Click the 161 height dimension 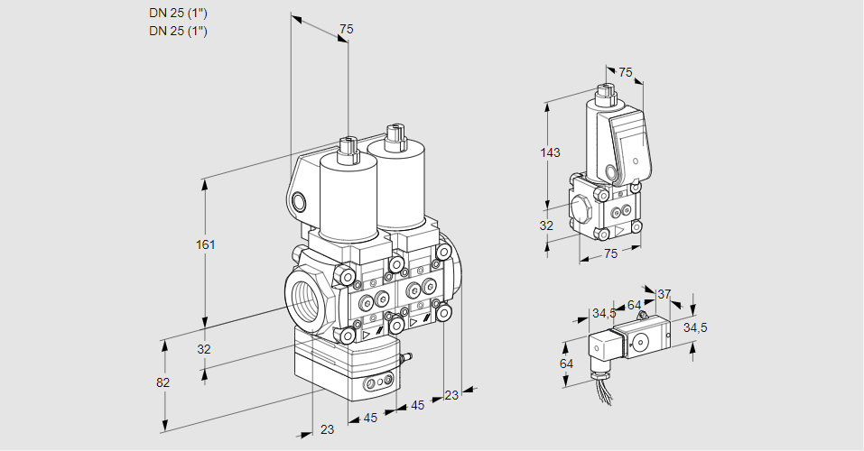click(206, 245)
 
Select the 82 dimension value click(163, 382)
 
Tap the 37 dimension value click(664, 294)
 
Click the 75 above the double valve click(345, 30)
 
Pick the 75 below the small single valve click(610, 254)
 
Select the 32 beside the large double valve click(204, 349)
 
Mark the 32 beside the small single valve click(546, 225)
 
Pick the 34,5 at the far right click(694, 327)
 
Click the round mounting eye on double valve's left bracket click(298, 201)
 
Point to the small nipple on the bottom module click(404, 360)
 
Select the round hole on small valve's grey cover click(612, 171)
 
